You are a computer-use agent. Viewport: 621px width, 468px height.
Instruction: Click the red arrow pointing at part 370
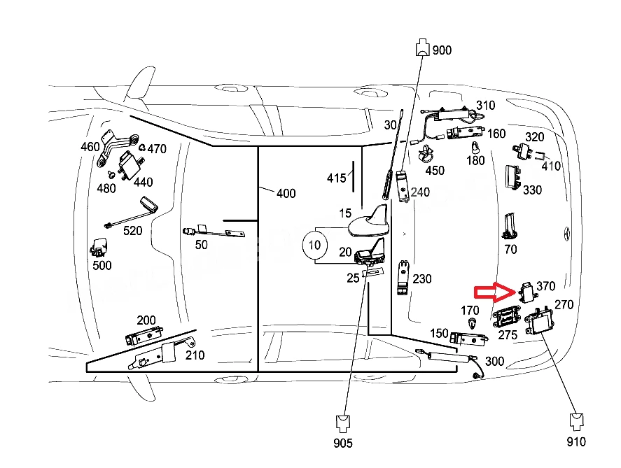coord(495,292)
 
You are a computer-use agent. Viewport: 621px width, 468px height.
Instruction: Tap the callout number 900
coord(442,50)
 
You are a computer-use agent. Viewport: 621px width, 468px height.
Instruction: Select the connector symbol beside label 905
coord(342,423)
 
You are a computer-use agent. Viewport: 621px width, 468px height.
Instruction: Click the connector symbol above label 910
coord(576,422)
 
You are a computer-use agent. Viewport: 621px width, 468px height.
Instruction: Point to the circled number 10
coord(315,246)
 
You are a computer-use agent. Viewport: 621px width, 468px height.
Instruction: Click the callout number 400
coord(286,194)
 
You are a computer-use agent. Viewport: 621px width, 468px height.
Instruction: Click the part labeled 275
coord(506,316)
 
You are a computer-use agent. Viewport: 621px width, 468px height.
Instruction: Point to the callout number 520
coord(133,231)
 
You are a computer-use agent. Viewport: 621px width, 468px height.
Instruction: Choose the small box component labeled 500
coord(99,248)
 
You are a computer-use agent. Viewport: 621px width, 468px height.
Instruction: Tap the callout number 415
coord(336,178)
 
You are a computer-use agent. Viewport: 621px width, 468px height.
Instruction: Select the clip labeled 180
coord(475,147)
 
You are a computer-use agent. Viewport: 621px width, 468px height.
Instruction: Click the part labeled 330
coord(513,178)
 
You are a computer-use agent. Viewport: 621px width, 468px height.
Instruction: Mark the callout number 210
coord(195,355)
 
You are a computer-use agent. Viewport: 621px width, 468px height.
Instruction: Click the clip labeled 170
coord(472,323)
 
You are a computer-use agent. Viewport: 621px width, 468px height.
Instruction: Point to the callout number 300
coord(495,361)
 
